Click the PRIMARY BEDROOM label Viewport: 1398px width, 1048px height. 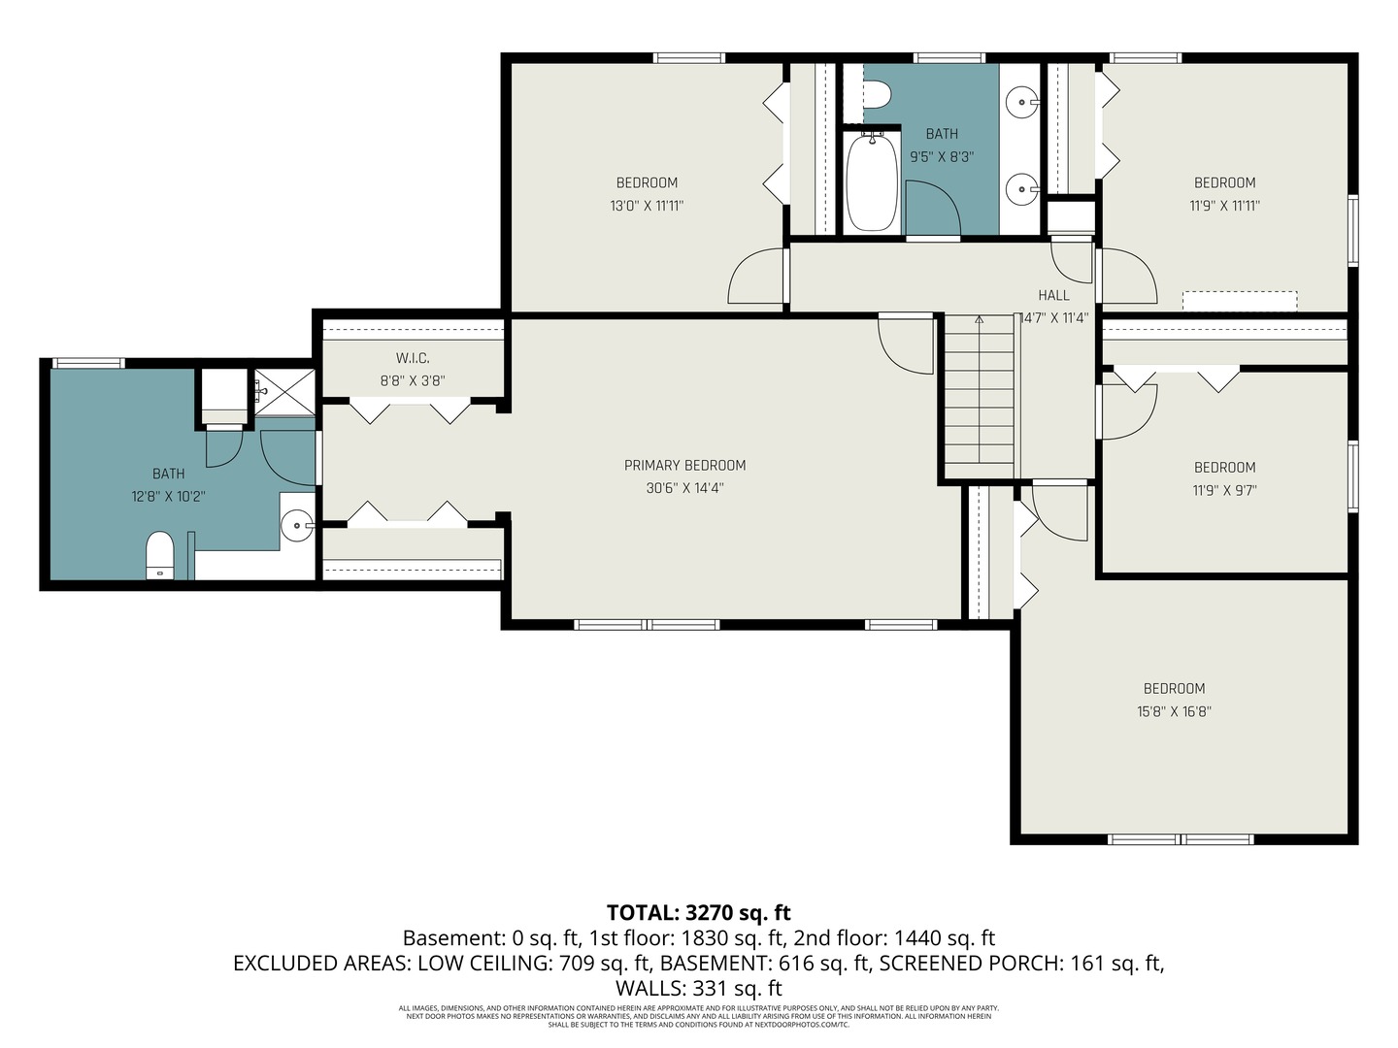(684, 466)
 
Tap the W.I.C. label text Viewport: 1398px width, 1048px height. (413, 359)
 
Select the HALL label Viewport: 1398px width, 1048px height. (1053, 295)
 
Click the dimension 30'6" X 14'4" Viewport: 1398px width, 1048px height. (684, 489)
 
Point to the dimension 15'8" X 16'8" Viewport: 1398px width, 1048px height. (1174, 712)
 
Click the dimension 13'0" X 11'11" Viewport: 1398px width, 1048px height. (647, 206)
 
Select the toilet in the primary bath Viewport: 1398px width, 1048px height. (159, 555)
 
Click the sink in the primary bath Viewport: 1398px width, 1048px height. (296, 527)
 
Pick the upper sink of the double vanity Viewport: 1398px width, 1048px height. (1020, 99)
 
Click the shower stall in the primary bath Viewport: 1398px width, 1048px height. (284, 392)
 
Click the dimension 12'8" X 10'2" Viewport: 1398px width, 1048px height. (168, 497)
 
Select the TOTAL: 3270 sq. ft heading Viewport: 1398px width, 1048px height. (698, 913)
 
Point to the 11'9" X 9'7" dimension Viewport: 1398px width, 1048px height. (1224, 491)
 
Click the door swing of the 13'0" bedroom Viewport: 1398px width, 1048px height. (757, 277)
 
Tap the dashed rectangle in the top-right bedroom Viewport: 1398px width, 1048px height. (1239, 301)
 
